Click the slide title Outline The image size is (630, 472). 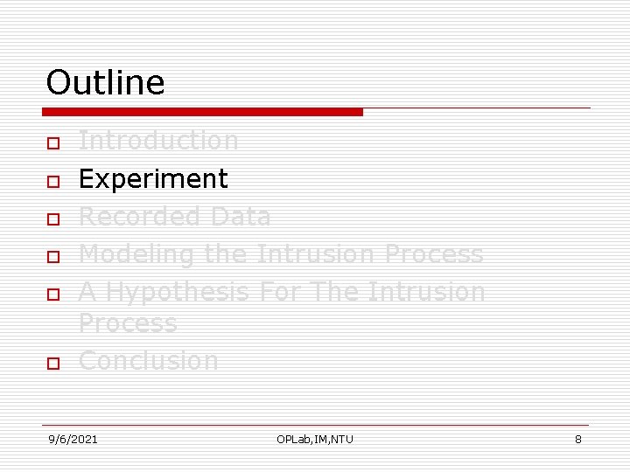(105, 82)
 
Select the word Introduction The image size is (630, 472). (158, 140)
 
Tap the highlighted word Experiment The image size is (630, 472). (153, 179)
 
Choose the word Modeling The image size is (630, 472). (137, 254)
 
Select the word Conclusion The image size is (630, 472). (149, 360)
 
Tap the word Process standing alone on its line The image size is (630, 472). (128, 323)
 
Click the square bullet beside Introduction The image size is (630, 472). (52, 142)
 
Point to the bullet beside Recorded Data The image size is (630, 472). (52, 219)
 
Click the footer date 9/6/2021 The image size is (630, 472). (73, 439)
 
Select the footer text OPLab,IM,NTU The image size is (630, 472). (315, 439)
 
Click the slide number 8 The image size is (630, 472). (577, 439)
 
